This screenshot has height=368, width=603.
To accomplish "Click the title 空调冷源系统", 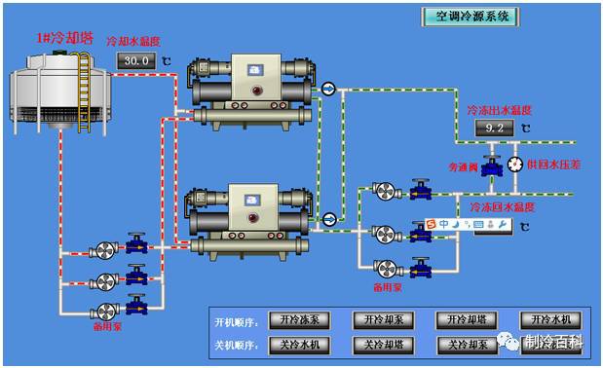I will [471, 17].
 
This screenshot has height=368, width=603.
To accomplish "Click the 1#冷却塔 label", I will [64, 38].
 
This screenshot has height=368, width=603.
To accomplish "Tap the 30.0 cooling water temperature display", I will [137, 60].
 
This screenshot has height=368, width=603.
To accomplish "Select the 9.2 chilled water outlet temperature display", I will [494, 128].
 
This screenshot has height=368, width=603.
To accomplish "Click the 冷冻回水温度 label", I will [502, 207].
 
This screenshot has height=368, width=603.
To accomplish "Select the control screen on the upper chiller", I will [255, 71].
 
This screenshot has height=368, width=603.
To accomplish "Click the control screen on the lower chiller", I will [255, 199].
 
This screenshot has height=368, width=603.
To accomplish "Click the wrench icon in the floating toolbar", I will [503, 226].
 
